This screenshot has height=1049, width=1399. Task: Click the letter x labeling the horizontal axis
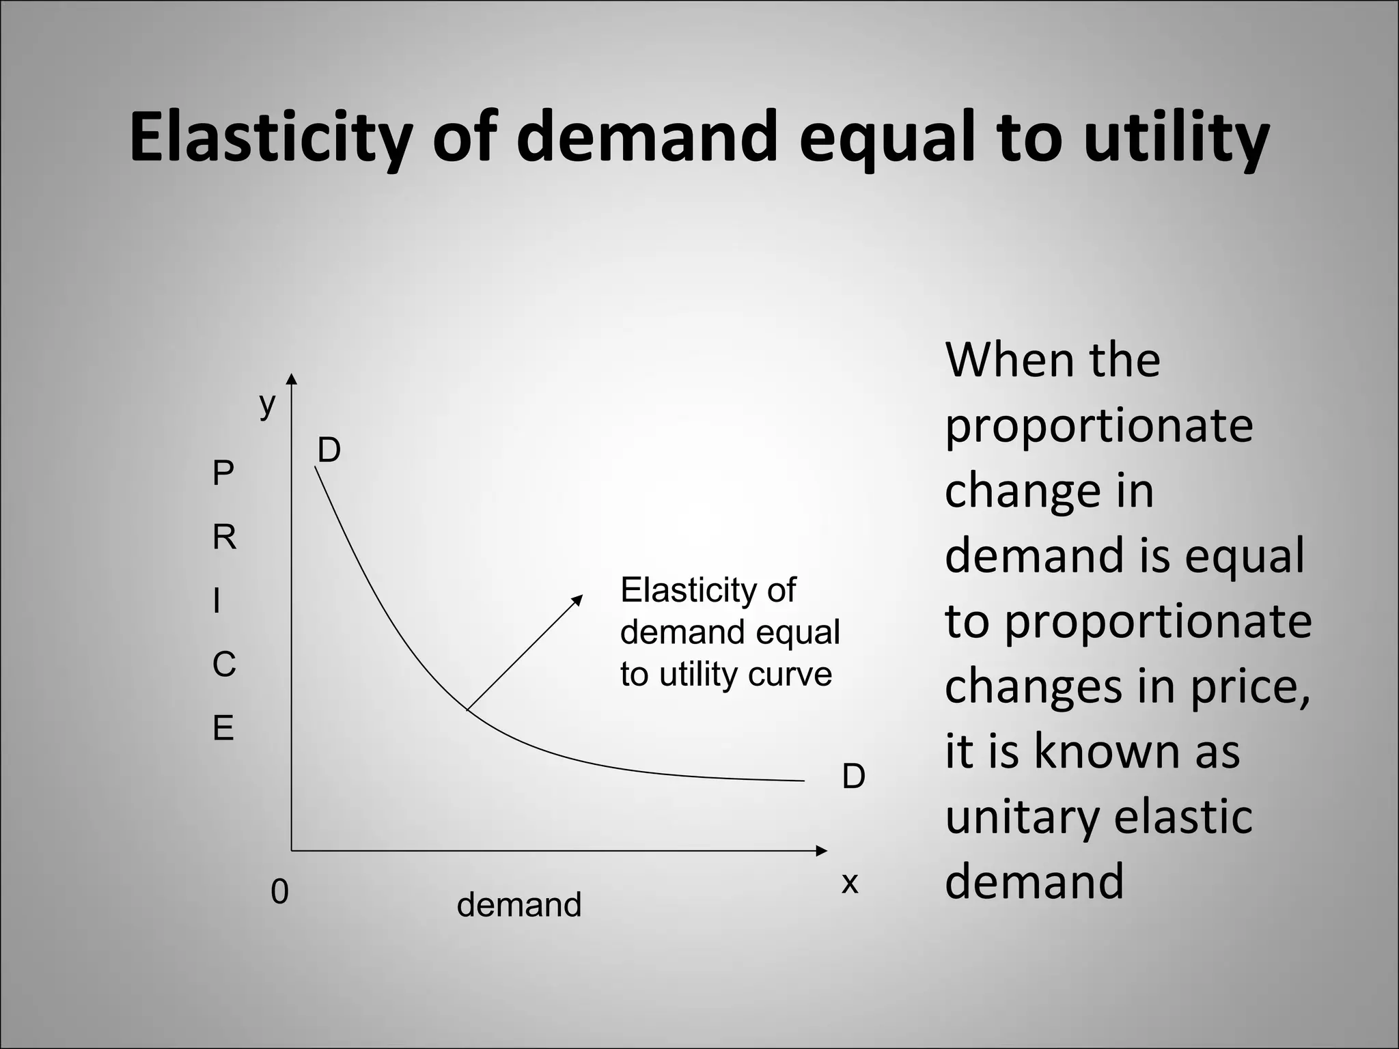(849, 882)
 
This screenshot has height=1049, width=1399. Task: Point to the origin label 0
(279, 891)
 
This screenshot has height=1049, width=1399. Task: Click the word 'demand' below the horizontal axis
(518, 904)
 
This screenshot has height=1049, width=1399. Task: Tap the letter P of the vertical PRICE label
(223, 473)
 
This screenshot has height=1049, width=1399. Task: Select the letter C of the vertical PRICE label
(224, 665)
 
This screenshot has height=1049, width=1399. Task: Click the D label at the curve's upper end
(329, 450)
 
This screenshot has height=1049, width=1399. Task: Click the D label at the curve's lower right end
(853, 776)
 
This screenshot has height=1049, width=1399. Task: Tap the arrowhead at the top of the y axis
(292, 380)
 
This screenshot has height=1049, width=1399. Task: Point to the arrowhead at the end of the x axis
(821, 850)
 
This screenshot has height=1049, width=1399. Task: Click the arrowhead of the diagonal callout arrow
(577, 600)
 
